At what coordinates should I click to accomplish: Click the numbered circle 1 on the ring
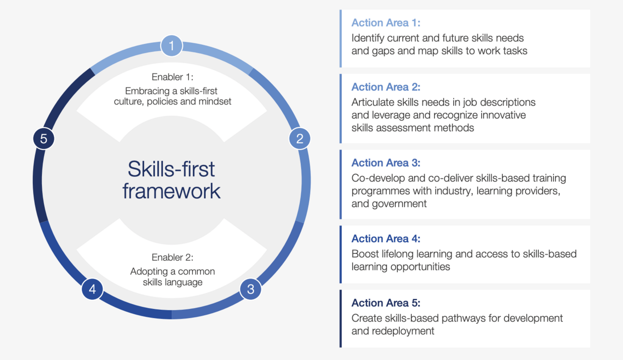[x=172, y=46]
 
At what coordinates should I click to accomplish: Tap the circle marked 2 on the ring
[x=299, y=138]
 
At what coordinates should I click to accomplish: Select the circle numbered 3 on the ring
[x=251, y=289]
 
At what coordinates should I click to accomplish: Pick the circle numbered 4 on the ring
[x=92, y=289]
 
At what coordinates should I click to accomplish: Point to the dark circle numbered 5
[x=44, y=138]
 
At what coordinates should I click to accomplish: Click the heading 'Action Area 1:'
[x=386, y=23]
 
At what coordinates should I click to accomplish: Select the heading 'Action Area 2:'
[x=386, y=87]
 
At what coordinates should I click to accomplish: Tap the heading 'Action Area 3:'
[x=386, y=163]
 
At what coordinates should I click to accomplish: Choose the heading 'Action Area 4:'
[x=386, y=239]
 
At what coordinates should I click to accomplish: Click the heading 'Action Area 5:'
[x=386, y=303]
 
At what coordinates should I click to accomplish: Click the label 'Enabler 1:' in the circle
[x=173, y=77]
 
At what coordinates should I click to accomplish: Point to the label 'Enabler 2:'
[x=173, y=257]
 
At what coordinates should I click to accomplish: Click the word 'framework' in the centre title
[x=171, y=191]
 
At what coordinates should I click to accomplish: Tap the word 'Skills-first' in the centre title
[x=171, y=169]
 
